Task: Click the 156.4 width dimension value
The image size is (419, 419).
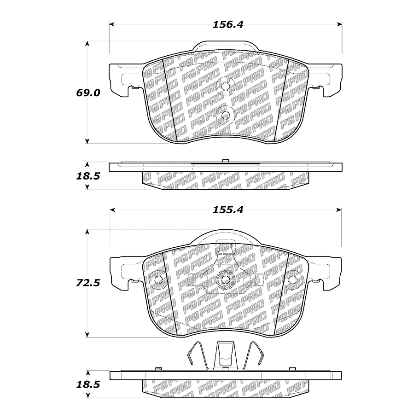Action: (227, 24)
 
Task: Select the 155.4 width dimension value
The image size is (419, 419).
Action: (227, 210)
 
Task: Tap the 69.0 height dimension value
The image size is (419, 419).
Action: (88, 93)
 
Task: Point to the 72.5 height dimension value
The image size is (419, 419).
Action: (88, 283)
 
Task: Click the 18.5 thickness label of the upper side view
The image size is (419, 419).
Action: (88, 176)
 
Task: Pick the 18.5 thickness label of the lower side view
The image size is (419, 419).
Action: (88, 384)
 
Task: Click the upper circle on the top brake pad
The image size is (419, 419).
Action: (226, 86)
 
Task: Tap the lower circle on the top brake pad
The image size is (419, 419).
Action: (226, 116)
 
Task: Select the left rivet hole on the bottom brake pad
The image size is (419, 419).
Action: (158, 280)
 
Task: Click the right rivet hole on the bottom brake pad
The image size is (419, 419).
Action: (292, 279)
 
